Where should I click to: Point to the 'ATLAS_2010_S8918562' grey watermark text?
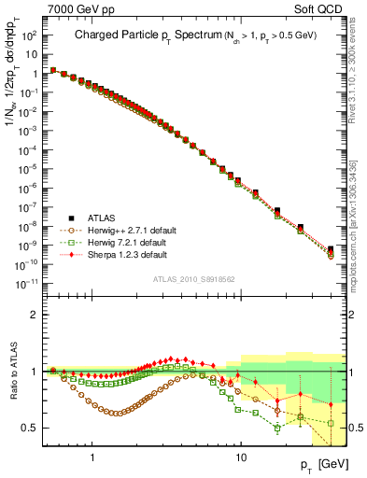click(x=198, y=278)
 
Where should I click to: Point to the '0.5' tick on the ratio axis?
click(x=30, y=428)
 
